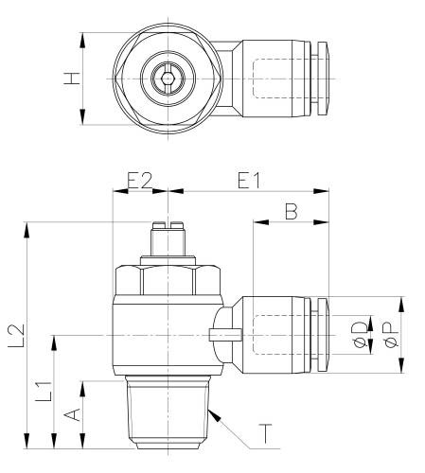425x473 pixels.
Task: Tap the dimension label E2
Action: (140, 180)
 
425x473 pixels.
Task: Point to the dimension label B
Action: (292, 214)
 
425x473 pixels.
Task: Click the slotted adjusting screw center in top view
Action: (168, 79)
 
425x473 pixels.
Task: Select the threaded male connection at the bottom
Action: (168, 413)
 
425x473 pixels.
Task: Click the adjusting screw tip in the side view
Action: (168, 227)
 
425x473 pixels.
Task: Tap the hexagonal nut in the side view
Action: (168, 280)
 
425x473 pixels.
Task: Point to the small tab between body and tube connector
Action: (222, 333)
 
